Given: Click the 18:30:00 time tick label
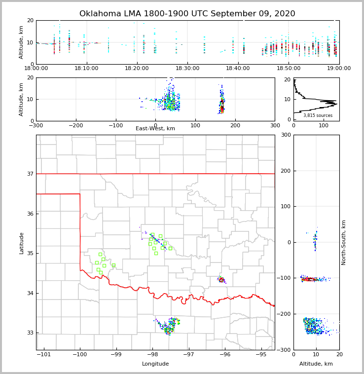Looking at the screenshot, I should [188, 69].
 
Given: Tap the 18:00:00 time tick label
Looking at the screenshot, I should [36, 69].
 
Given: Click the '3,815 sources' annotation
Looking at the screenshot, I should [318, 115].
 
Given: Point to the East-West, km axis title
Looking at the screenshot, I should [155, 129].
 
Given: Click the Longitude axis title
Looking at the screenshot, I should [155, 364].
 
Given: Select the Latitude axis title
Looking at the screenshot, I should [21, 243].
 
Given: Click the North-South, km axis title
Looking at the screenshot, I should [344, 242].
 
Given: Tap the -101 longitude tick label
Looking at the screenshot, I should [43, 354].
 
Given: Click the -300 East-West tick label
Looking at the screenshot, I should [36, 125].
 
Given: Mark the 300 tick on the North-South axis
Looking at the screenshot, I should [285, 135].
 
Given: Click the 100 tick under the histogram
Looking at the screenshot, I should [324, 125].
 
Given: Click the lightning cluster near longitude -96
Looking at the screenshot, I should [221, 280].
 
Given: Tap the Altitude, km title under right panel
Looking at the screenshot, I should [316, 364].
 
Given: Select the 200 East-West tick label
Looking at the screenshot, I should [235, 125].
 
